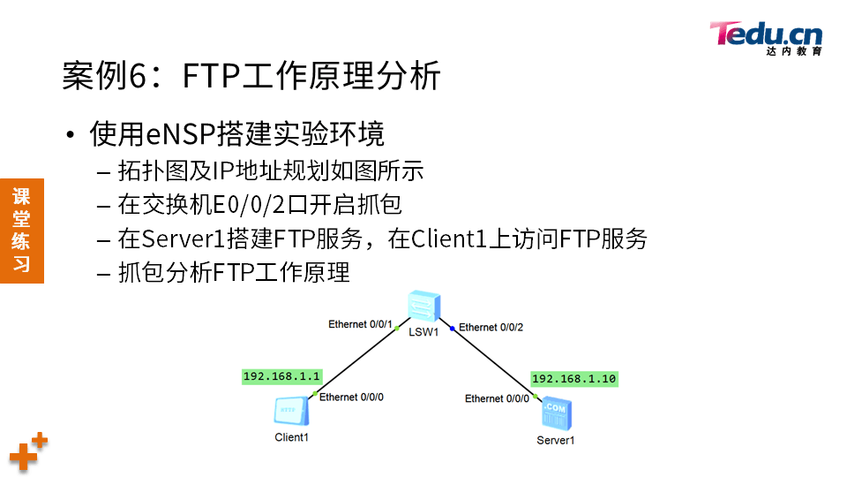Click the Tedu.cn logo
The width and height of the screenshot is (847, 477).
(x=765, y=37)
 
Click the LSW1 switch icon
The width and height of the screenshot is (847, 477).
(x=423, y=307)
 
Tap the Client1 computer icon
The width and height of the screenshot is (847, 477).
(x=291, y=411)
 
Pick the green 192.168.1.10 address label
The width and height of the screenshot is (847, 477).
(x=573, y=379)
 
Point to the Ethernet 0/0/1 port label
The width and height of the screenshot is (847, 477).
(x=360, y=324)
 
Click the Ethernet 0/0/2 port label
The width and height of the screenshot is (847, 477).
(x=491, y=328)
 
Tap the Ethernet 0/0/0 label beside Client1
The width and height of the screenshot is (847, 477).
(x=351, y=397)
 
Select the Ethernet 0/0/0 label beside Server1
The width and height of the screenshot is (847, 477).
(x=497, y=399)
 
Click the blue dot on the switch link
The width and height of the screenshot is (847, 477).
(x=453, y=328)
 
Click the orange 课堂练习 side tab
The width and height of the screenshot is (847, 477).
(x=21, y=230)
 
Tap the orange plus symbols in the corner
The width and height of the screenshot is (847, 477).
(x=27, y=452)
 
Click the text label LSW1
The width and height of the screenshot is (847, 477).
(x=423, y=333)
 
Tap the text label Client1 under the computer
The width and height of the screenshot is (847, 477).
(x=291, y=437)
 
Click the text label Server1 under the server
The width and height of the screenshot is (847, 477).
(x=556, y=440)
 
